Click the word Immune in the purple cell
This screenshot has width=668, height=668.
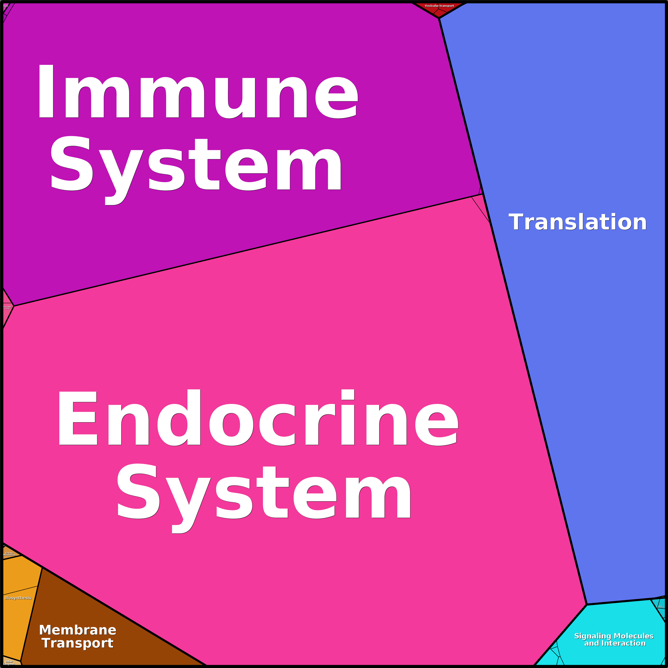point(197,92)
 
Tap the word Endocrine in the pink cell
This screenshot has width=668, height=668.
point(258,418)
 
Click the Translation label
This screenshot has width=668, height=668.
point(577,222)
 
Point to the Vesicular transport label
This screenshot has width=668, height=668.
point(439,6)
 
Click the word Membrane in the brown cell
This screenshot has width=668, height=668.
point(77,630)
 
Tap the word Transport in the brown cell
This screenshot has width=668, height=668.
point(77,643)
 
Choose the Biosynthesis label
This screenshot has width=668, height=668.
point(18,598)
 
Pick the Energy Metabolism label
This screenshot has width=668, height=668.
point(9,554)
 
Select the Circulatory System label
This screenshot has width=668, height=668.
point(7,307)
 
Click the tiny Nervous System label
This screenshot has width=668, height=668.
point(6,6)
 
